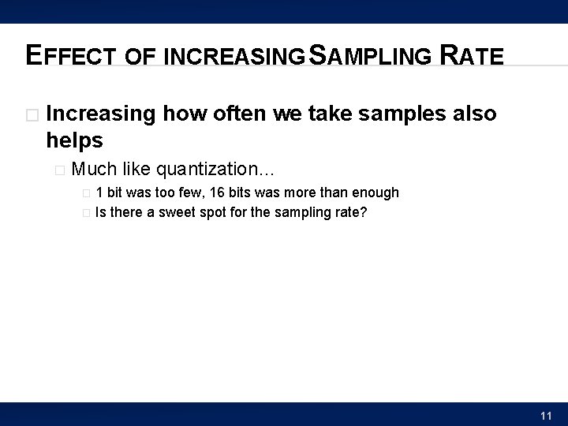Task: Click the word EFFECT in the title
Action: [72, 55]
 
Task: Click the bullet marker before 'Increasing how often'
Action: [32, 115]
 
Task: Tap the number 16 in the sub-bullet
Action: [217, 192]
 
